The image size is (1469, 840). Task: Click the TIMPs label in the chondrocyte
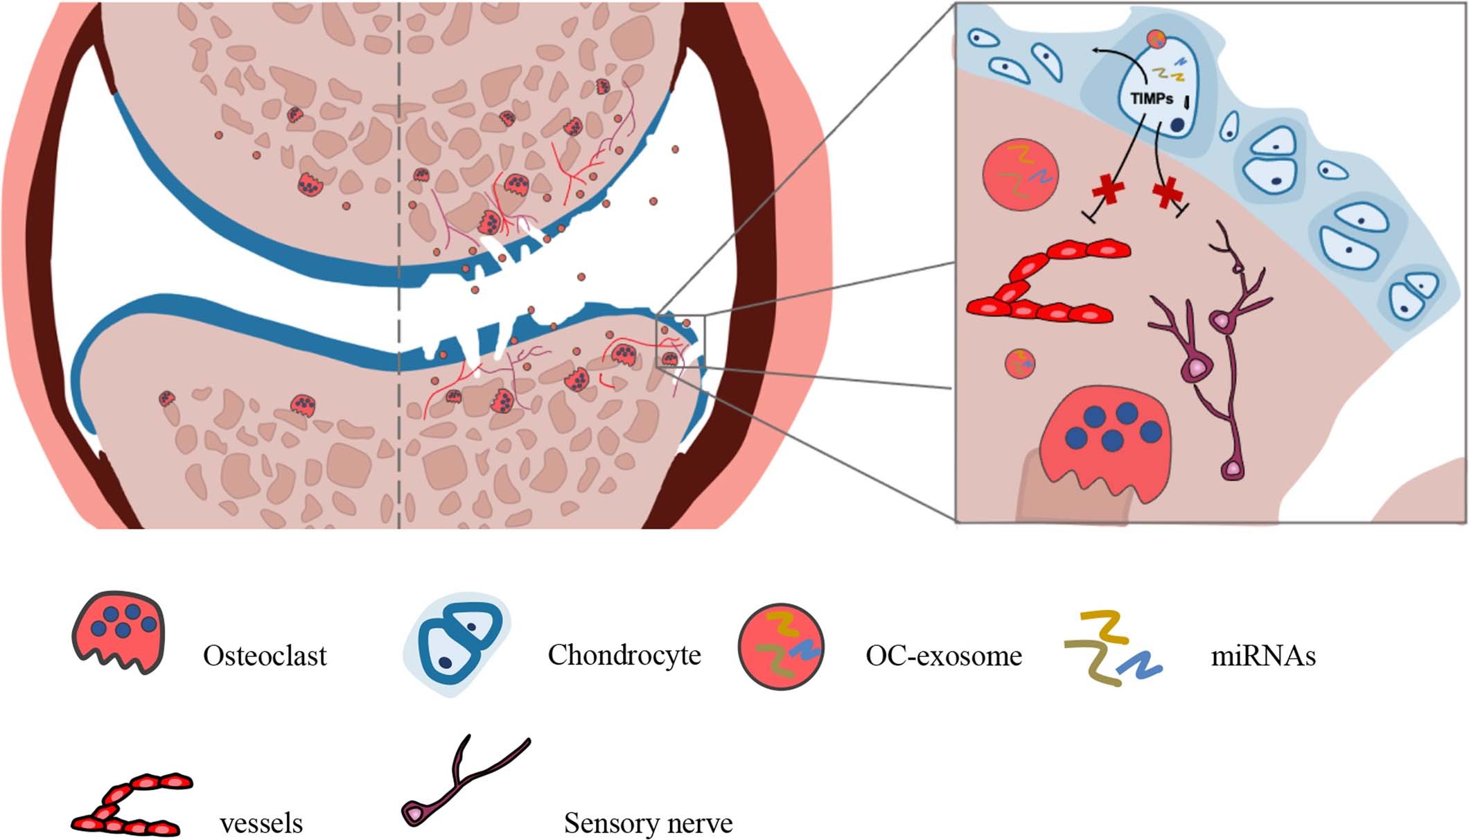pos(1152,98)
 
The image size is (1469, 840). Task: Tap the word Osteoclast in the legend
pos(265,656)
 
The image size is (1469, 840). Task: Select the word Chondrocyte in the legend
pos(624,655)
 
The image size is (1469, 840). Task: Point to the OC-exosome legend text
pos(944,656)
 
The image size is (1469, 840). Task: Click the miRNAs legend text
pos(1263,656)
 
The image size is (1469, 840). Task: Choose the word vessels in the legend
pos(261,823)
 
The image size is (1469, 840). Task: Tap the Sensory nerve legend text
pos(648,823)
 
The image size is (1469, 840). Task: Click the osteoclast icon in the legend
pos(119,631)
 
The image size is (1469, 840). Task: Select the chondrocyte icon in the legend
pos(458,644)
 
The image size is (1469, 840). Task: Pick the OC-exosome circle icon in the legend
pos(781,647)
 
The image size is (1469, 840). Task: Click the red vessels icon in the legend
pos(132,804)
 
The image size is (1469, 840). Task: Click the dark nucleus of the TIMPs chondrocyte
pos(1177,125)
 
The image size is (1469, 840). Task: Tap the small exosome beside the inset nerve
pos(1020,363)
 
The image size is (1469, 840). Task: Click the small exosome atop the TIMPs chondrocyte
pos(1156,40)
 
